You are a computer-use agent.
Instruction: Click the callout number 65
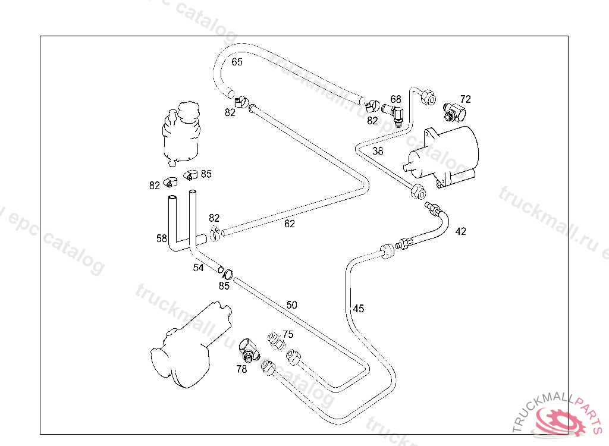237,62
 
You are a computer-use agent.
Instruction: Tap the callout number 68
395,99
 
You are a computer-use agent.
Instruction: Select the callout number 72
465,99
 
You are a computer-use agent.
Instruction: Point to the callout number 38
378,151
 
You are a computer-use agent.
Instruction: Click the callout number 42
460,231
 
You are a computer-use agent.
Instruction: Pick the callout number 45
359,309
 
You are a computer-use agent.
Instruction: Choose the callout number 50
291,305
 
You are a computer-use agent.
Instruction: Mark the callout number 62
289,224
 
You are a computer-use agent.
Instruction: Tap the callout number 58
162,238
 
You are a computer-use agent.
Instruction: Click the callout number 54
198,268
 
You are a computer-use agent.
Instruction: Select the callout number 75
288,334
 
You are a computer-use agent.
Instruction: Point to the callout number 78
241,369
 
